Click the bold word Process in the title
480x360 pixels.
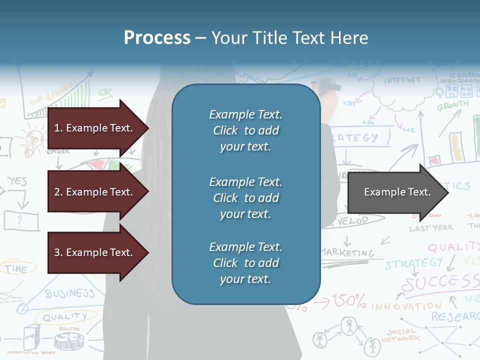click(157, 38)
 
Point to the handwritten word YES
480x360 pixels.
click(17, 181)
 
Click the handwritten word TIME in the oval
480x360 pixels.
click(16, 269)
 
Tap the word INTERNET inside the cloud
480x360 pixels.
click(402, 80)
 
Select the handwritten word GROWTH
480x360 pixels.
click(453, 106)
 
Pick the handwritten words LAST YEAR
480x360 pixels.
click(431, 228)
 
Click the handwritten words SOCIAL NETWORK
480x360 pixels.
click(400, 335)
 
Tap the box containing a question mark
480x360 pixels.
click(21, 220)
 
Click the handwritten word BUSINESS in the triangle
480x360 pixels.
click(70, 293)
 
